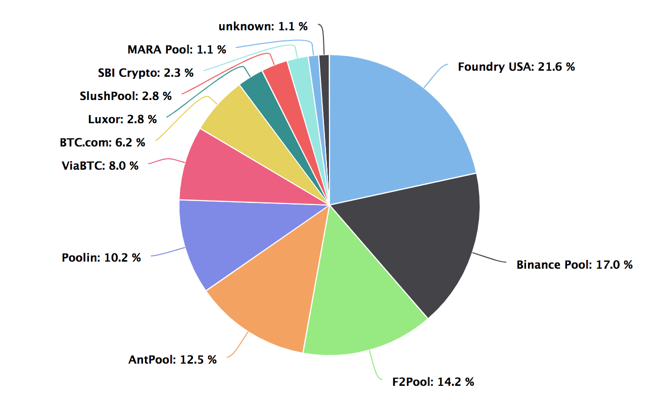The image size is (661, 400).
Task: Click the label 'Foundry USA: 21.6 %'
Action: [516, 67]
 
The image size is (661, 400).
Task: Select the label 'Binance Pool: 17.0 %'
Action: [574, 265]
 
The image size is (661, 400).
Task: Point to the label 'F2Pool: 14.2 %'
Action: [433, 382]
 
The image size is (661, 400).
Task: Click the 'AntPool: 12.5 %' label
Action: [172, 360]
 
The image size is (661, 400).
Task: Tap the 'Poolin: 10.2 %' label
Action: [101, 258]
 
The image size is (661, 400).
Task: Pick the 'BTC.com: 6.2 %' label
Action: [102, 142]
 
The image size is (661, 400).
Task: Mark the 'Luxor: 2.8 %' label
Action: [122, 119]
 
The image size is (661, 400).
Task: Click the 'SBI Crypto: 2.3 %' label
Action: [146, 73]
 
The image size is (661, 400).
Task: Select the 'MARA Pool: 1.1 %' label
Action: [176, 49]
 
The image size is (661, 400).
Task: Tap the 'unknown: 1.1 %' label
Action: [263, 26]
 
